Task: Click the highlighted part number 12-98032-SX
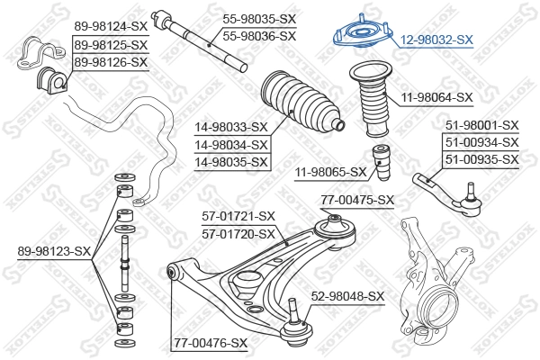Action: coord(436,40)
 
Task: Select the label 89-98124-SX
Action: coord(111,26)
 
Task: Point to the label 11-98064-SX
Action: coord(436,96)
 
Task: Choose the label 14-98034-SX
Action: coord(232,144)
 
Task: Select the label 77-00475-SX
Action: coord(358,200)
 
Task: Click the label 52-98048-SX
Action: coord(347,295)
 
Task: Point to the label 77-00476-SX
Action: coord(211,342)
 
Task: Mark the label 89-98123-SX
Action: coord(54,250)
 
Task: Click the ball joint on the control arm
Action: coord(296,325)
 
